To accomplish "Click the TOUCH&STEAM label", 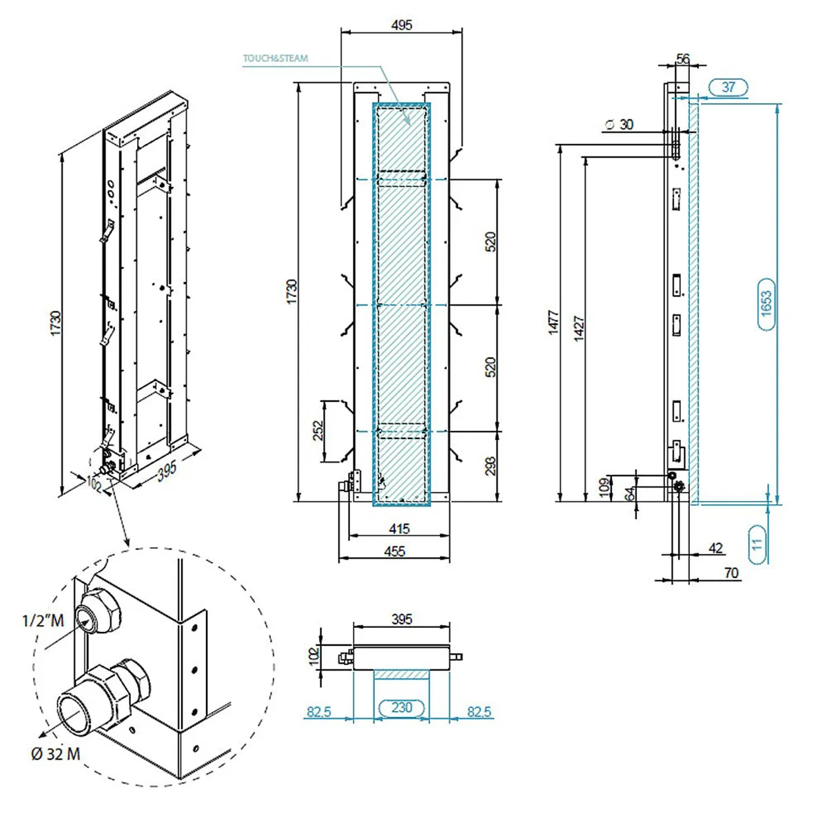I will click(275, 59).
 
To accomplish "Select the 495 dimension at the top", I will click(401, 25).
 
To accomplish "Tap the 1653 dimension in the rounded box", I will click(766, 305).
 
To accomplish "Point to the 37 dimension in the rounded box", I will click(728, 88).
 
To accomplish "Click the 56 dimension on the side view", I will click(682, 59).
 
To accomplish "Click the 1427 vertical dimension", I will click(579, 328).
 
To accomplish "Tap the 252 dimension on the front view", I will click(318, 431).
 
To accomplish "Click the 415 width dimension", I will click(399, 529).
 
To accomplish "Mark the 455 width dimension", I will click(395, 551).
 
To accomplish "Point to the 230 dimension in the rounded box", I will click(401, 708).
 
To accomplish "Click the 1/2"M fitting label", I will click(43, 620).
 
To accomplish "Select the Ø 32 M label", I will click(55, 754).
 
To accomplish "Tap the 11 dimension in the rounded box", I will click(757, 543).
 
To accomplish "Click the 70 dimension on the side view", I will click(731, 573).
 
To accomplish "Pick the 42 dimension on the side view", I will click(716, 548).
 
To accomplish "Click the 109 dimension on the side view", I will click(604, 487).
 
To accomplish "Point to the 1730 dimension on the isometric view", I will click(55, 323).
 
